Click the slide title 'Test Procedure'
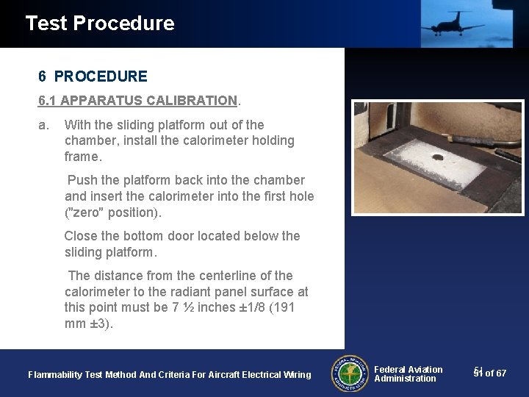(100, 24)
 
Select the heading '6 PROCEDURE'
(93, 76)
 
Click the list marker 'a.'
(44, 125)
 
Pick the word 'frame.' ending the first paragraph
(82, 157)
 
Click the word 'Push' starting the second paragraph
(82, 180)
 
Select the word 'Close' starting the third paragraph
(81, 236)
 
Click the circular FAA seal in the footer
(350, 374)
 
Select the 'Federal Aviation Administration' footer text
(409, 374)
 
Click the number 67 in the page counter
(501, 374)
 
